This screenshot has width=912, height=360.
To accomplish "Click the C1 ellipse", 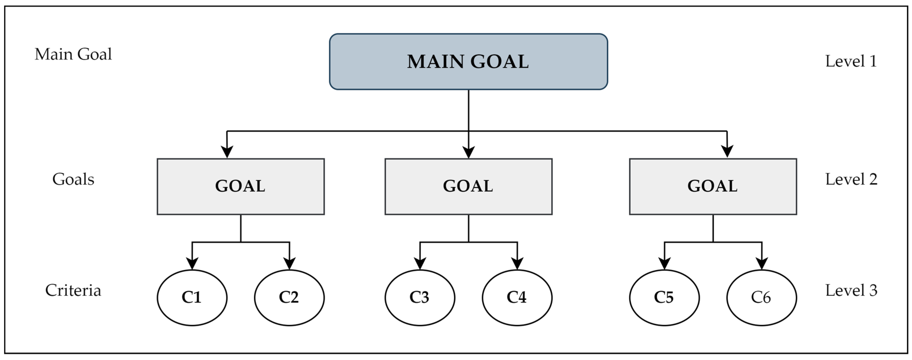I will point(192,297).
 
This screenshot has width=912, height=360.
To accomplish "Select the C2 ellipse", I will point(289,297).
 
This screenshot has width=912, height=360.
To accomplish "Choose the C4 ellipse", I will point(517,297).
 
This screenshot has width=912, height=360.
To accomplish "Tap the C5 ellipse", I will point(664,297).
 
